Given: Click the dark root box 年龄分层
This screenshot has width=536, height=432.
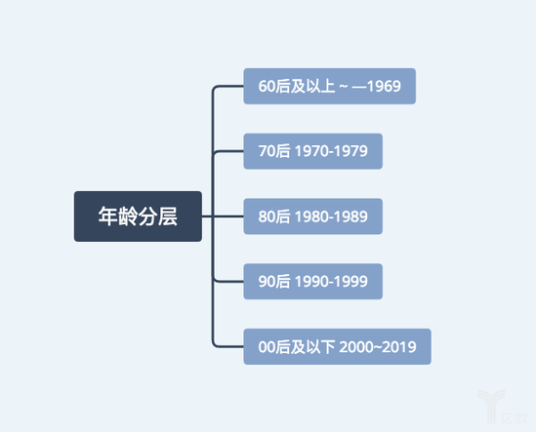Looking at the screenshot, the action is (x=138, y=216).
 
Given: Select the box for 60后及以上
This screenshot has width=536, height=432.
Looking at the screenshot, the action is (x=330, y=86).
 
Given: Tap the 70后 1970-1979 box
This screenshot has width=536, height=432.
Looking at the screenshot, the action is (x=312, y=151).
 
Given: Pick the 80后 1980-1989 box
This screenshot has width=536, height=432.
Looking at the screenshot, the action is (x=312, y=216).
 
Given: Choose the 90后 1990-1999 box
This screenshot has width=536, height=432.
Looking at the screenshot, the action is (x=312, y=282).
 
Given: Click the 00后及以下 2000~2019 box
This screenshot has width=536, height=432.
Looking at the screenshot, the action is (x=337, y=346).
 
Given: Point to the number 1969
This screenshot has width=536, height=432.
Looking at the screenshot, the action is (x=384, y=86).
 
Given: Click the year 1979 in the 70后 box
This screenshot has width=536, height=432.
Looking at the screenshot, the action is (x=350, y=151).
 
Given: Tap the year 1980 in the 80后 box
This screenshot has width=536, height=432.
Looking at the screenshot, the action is (x=311, y=216).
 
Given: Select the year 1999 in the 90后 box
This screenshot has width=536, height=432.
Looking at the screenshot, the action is (x=350, y=282).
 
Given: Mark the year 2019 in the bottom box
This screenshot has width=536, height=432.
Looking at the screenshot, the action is (x=399, y=347).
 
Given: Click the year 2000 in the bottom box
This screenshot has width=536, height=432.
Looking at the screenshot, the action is (x=356, y=347).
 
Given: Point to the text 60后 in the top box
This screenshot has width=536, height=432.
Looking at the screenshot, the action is (x=274, y=86).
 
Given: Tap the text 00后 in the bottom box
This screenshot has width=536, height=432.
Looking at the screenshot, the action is (x=274, y=347).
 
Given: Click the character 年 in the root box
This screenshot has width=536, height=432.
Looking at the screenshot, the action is (x=108, y=216).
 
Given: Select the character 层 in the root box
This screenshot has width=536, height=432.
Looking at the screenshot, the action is (x=168, y=216).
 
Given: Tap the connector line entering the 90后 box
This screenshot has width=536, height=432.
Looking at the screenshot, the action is (x=228, y=282).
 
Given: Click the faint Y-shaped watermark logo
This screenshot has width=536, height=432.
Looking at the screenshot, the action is (x=492, y=405).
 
